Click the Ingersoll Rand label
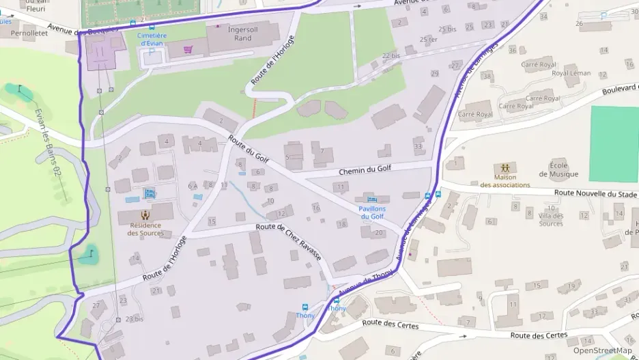coord(238,33)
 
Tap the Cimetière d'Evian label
coord(152,39)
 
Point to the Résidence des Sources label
coord(145,230)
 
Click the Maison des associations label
coord(505,181)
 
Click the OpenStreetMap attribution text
coord(601,350)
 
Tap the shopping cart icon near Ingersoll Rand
coord(188,49)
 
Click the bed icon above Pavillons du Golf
coord(372,199)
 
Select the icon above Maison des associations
coord(505,167)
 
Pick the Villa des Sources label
coord(551,220)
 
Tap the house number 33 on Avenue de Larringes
coord(418,146)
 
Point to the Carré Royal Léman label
coord(571,73)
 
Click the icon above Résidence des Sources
coord(145,214)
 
